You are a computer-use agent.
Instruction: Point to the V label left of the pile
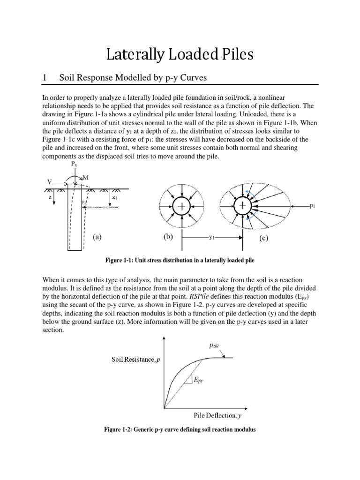(x=49, y=181)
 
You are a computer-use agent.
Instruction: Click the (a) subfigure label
(x=97, y=237)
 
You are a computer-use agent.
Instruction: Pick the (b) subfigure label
(x=168, y=237)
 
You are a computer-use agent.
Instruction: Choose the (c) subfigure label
(x=263, y=238)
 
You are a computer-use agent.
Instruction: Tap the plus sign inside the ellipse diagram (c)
(x=242, y=206)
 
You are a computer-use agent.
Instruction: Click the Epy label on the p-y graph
(x=199, y=381)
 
